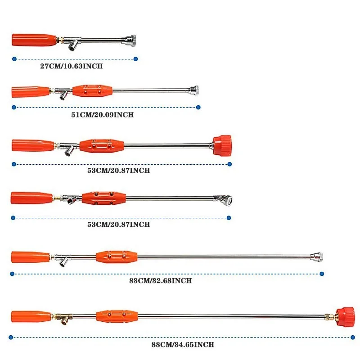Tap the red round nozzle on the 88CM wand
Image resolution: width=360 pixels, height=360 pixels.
pos(346,316)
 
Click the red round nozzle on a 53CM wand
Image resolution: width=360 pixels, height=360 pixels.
pos(222,144)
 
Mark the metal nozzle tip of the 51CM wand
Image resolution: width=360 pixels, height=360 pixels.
pos(194,90)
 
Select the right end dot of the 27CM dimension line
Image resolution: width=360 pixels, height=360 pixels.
pos(135,58)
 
